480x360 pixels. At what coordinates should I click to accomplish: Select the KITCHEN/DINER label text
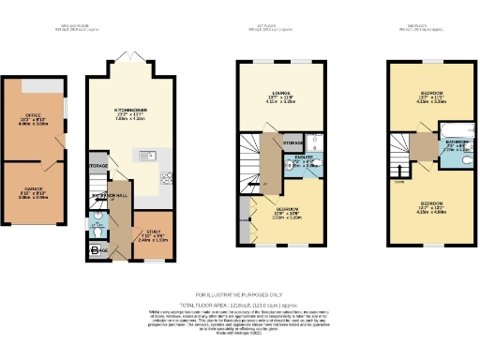131,110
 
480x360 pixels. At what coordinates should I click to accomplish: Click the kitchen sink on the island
146,156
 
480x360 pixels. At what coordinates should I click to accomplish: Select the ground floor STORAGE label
98,166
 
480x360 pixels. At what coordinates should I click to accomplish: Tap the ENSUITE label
303,160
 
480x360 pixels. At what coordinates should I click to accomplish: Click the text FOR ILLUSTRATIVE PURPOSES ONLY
239,293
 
